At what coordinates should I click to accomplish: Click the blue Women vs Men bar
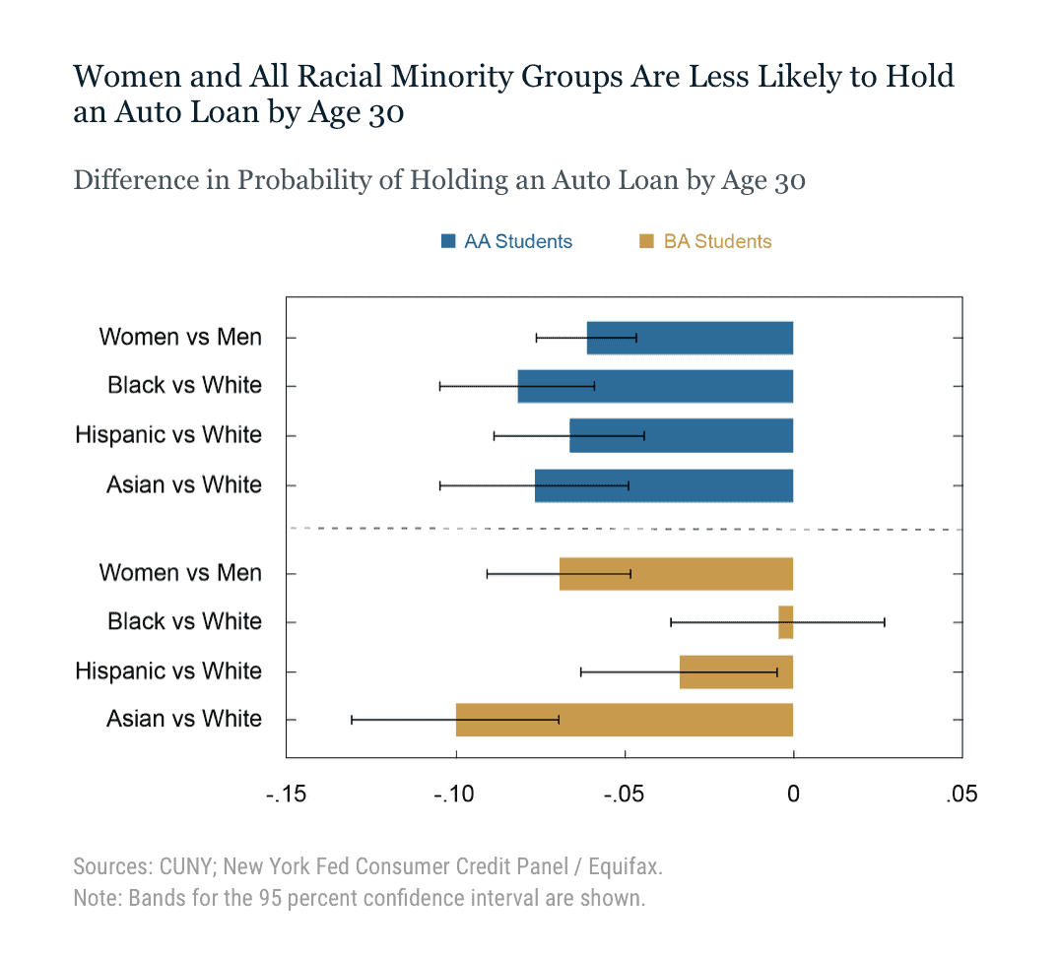[690, 338]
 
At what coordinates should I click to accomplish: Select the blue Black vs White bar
[655, 386]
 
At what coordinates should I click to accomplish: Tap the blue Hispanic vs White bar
[681, 435]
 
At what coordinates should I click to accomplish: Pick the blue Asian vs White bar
[664, 485]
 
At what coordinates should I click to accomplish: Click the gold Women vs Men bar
[676, 573]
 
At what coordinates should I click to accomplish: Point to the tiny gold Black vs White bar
[785, 622]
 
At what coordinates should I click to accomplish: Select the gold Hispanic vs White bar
[736, 671]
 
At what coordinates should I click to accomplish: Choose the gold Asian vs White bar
[624, 720]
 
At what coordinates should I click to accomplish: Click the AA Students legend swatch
[448, 241]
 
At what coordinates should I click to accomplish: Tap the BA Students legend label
[717, 241]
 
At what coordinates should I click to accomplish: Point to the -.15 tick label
[286, 794]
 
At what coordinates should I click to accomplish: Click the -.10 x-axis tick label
[455, 794]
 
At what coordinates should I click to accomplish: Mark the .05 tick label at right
[961, 794]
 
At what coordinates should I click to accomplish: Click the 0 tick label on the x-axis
[793, 794]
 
